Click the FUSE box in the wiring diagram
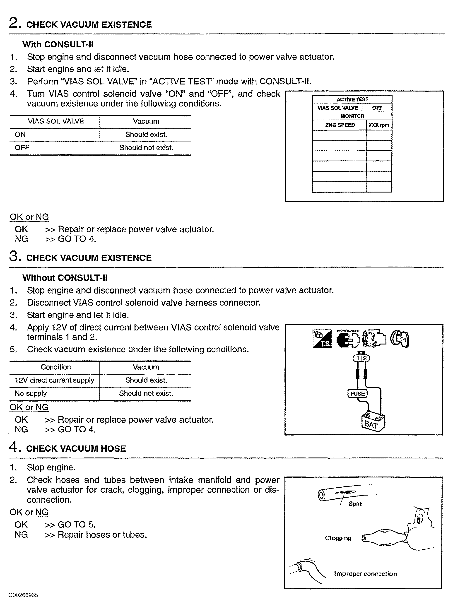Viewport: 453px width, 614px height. point(357,394)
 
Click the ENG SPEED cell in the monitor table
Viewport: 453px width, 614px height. point(340,125)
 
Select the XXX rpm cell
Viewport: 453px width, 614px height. point(379,125)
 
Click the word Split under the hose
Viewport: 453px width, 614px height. point(355,504)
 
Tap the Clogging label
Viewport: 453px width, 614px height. point(338,538)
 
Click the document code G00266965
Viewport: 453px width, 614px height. point(23,595)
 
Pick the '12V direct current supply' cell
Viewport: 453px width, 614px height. point(54,380)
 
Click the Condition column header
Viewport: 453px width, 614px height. point(56,367)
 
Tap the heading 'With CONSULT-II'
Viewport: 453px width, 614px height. point(58,44)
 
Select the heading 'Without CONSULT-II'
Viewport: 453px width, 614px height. point(65,278)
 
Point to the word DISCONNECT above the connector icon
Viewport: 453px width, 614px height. point(348,331)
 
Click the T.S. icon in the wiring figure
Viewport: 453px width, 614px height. point(322,339)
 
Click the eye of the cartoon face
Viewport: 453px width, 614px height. point(419,519)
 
